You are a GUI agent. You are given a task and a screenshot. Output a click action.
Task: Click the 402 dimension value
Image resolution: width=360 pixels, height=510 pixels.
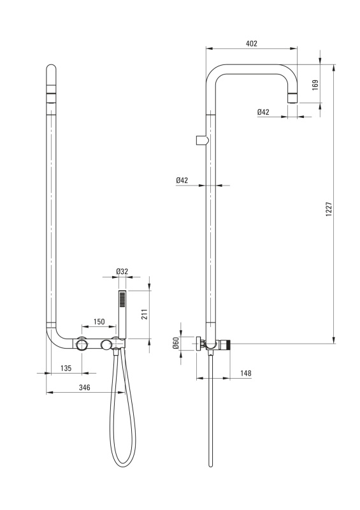tap(252, 44)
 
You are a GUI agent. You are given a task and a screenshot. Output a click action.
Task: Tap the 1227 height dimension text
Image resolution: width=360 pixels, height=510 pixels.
tap(329, 210)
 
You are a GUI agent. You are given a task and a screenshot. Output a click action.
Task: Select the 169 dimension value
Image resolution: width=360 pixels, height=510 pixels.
tap(315, 85)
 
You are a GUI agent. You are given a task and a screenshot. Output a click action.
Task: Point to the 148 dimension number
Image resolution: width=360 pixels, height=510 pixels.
tap(245, 373)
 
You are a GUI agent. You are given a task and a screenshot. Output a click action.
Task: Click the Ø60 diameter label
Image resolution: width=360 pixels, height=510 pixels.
tap(175, 343)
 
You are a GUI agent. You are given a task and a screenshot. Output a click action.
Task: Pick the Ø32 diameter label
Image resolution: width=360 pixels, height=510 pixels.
tap(122, 272)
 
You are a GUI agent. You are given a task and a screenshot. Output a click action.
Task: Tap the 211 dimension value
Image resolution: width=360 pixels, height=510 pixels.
tap(145, 314)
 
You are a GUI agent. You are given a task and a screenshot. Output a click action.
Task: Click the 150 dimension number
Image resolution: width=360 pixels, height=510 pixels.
tap(99, 322)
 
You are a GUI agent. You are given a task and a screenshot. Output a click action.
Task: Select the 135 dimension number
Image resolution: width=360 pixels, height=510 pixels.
tap(66, 368)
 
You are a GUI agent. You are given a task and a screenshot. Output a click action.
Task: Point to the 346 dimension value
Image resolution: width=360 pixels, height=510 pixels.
tap(85, 388)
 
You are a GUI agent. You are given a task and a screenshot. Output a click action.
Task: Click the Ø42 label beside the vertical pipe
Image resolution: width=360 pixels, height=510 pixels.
tap(182, 180)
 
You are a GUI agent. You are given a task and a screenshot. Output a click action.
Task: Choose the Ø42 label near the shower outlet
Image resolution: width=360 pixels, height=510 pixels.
tap(263, 112)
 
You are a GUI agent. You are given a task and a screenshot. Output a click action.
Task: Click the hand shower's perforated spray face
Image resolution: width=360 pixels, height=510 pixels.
tap(122, 298)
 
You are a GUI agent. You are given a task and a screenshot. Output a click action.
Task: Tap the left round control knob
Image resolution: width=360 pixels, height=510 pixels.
tap(82, 344)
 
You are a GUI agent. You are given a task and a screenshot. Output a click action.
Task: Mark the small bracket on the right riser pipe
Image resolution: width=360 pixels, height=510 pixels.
tap(201, 140)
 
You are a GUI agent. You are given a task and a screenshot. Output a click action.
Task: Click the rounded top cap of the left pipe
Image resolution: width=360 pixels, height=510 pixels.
tap(51, 70)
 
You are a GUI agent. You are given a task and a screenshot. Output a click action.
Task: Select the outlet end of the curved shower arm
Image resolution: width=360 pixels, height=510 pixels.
tap(292, 98)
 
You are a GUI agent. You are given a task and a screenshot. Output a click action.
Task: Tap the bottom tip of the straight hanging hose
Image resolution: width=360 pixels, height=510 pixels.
tap(210, 465)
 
